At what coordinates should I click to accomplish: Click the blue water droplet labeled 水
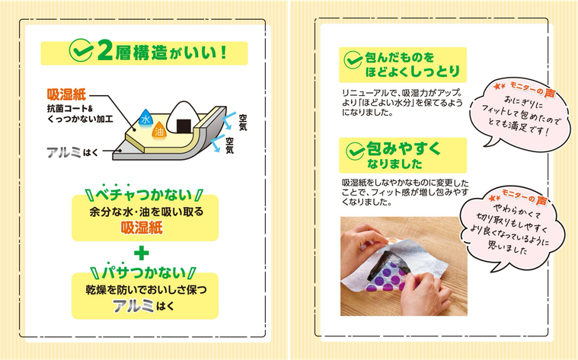pyautogui.click(x=145, y=118)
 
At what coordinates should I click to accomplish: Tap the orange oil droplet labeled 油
pyautogui.click(x=159, y=130)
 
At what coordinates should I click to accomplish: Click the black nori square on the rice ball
pyautogui.click(x=184, y=126)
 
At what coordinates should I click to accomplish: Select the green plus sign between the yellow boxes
pyautogui.click(x=141, y=253)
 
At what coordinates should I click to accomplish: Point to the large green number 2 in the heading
pyautogui.click(x=104, y=53)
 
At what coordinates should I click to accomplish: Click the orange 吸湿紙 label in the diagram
pyautogui.click(x=66, y=94)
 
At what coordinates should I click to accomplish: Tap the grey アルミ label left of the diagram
pyautogui.click(x=63, y=152)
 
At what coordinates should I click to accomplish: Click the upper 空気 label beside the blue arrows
pyautogui.click(x=243, y=123)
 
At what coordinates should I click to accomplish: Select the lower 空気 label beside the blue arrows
pyautogui.click(x=230, y=145)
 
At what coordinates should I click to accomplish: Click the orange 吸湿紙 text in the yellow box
pyautogui.click(x=142, y=228)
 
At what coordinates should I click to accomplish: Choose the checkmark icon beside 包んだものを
pyautogui.click(x=353, y=59)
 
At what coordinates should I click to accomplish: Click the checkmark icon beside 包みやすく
pyautogui.click(x=355, y=151)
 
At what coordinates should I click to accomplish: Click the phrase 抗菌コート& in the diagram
pyautogui.click(x=69, y=108)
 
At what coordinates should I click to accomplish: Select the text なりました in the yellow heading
pyautogui.click(x=394, y=164)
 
